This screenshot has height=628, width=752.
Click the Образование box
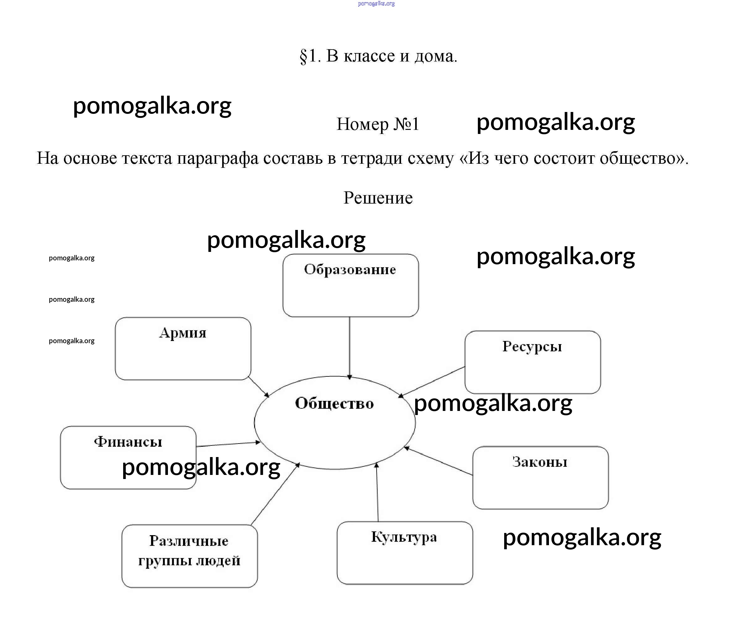pyautogui.click(x=350, y=285)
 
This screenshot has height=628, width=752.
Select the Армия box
pyautogui.click(x=183, y=349)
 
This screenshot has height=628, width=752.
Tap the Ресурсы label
pyautogui.click(x=532, y=346)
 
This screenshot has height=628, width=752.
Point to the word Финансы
pyautogui.click(x=128, y=442)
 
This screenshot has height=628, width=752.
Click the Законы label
pyautogui.click(x=540, y=462)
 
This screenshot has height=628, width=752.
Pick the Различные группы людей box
pyautogui.click(x=190, y=556)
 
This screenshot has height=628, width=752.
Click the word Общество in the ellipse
pyautogui.click(x=334, y=403)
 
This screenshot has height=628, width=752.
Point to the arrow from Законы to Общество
pyautogui.click(x=438, y=461)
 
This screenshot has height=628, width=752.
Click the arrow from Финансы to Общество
pyautogui.click(x=228, y=444)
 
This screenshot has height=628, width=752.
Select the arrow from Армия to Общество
pyautogui.click(x=258, y=387)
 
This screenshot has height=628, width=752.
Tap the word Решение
pyautogui.click(x=378, y=198)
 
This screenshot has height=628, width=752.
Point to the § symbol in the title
pyautogui.click(x=303, y=56)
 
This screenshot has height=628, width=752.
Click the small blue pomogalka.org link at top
pyautogui.click(x=376, y=3)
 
